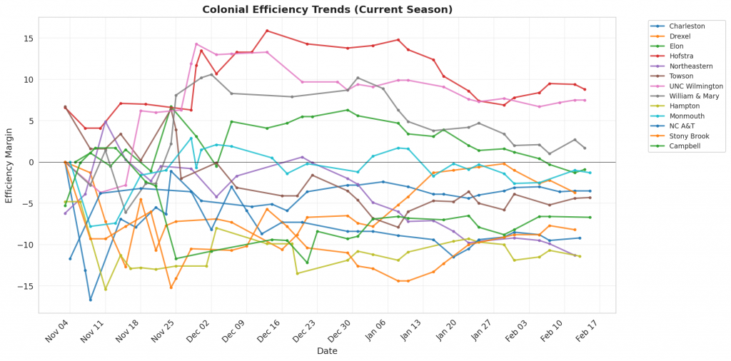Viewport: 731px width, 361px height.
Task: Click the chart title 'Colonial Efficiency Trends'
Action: click(327, 10)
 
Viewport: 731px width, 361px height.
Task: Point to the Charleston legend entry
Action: click(682, 26)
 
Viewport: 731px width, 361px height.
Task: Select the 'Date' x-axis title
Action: click(327, 351)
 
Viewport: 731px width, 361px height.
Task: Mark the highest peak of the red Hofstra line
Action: click(267, 31)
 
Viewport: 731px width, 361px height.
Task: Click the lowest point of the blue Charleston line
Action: click(91, 300)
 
